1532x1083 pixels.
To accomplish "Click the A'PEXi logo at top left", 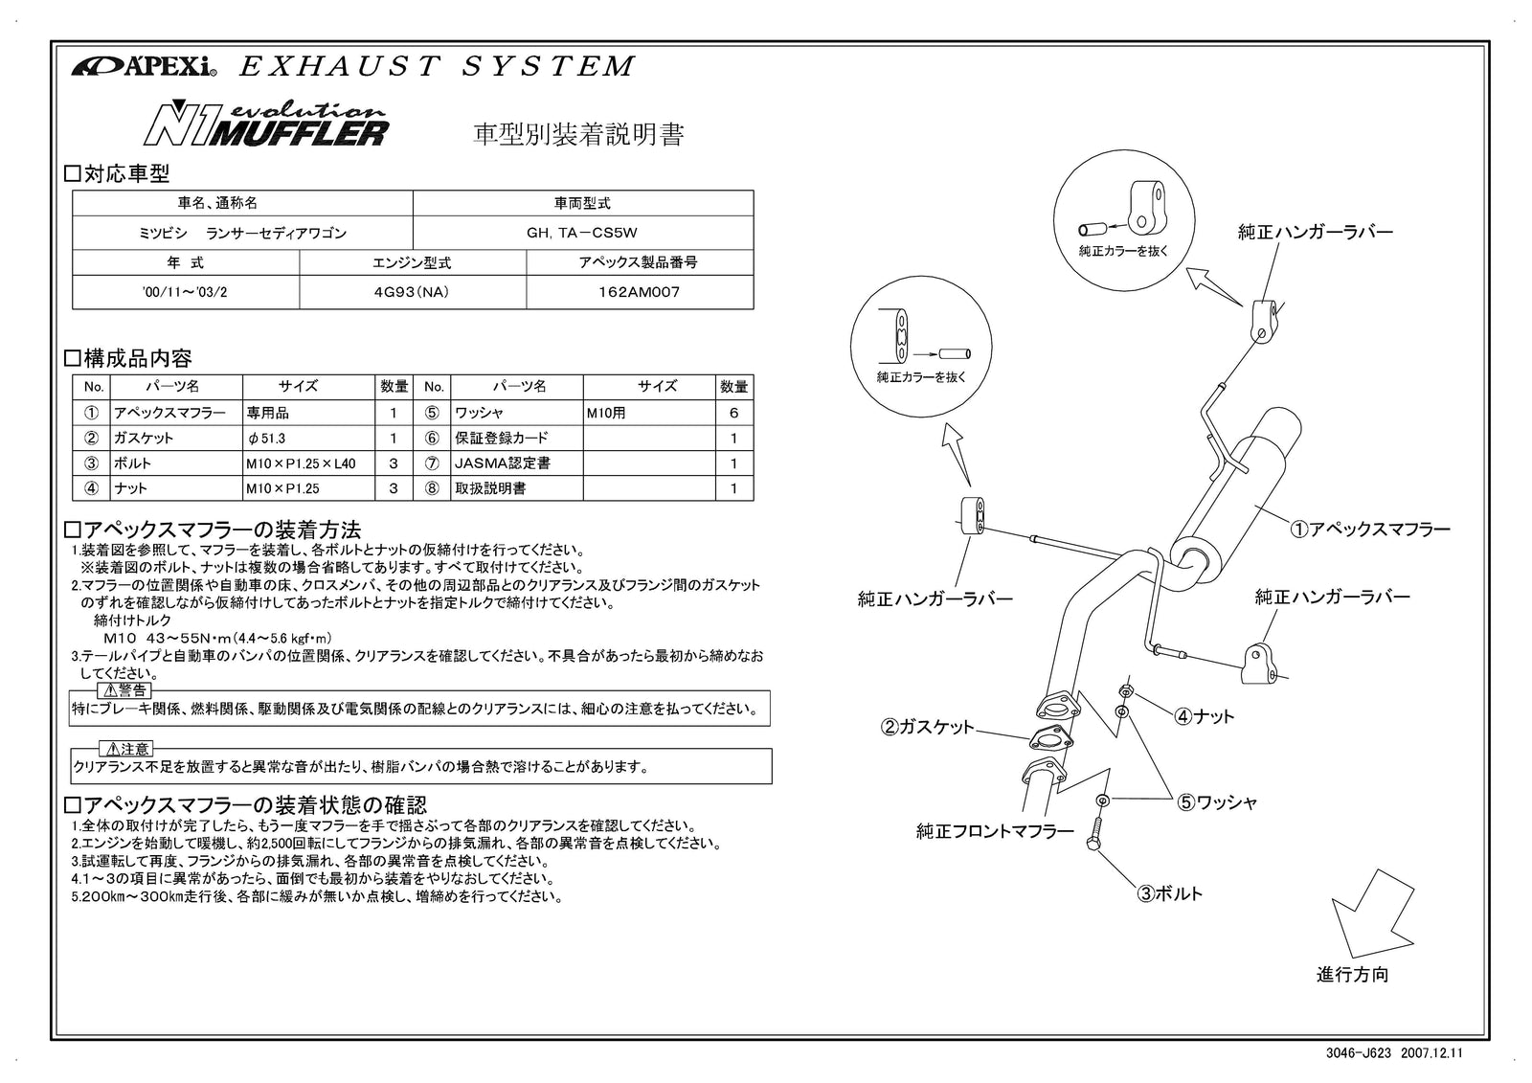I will pyautogui.click(x=144, y=66).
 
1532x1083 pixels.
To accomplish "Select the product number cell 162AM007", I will pyautogui.click(x=640, y=292).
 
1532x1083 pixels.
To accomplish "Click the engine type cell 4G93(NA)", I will pyautogui.click(x=413, y=292).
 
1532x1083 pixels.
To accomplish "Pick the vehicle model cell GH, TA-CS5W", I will pyautogui.click(x=582, y=233).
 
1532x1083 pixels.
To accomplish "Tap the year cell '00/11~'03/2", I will pyautogui.click(x=185, y=292).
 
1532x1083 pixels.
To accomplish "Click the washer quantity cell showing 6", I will pyautogui.click(x=733, y=413).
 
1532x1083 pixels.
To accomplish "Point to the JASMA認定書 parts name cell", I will pyautogui.click(x=502, y=463).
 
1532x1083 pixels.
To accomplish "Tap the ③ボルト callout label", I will pyautogui.click(x=1169, y=893).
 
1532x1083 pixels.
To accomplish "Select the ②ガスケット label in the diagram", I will pyautogui.click(x=927, y=727).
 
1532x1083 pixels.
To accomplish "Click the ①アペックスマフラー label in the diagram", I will pyautogui.click(x=1369, y=529).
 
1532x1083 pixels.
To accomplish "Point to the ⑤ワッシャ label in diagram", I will pyautogui.click(x=1216, y=802).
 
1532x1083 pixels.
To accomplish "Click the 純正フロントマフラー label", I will pyautogui.click(x=994, y=831).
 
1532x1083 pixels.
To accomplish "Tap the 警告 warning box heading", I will pyautogui.click(x=125, y=689).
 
